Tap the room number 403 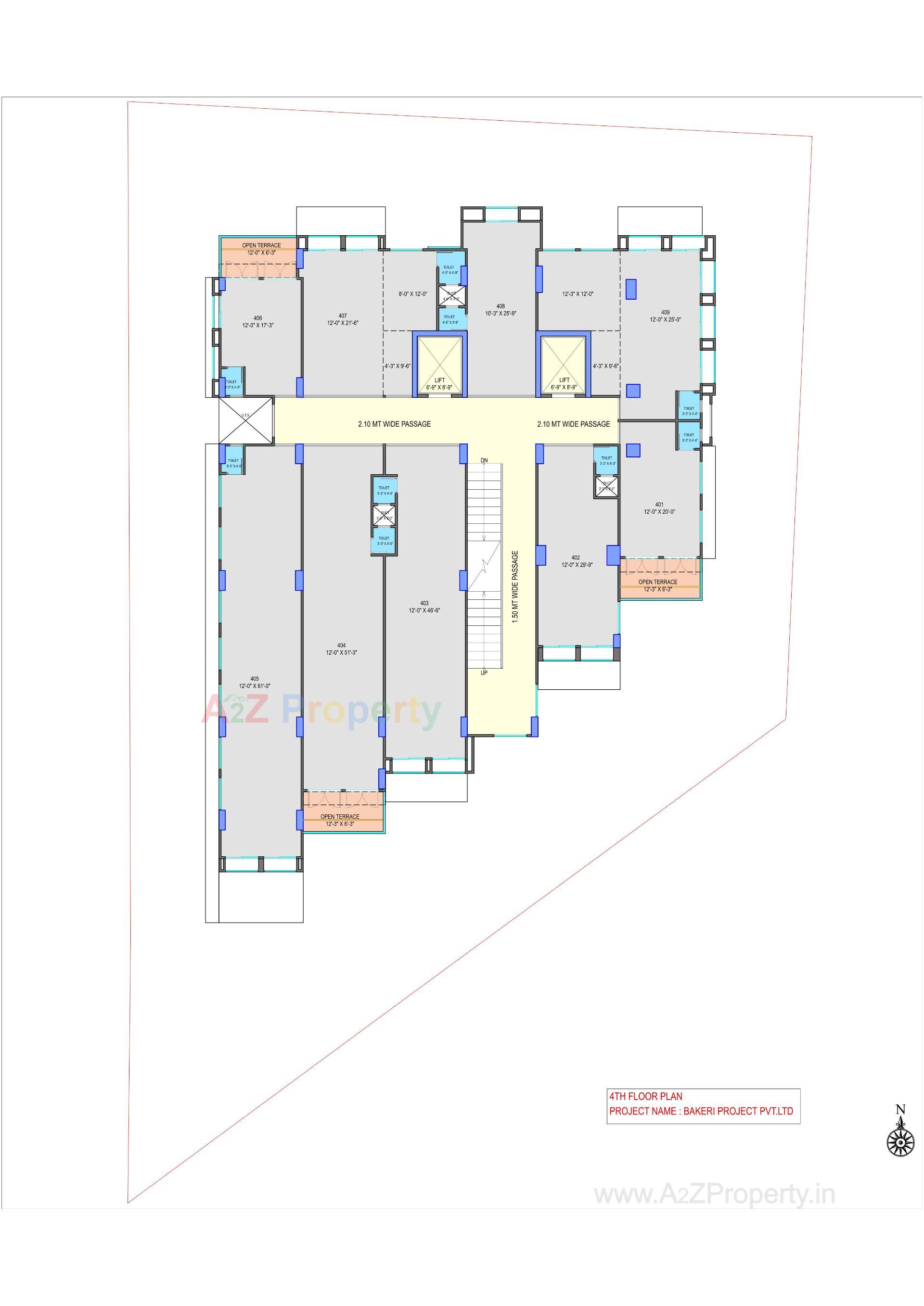(x=424, y=603)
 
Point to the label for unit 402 (x=576, y=558)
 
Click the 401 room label (x=659, y=505)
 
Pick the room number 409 (x=665, y=312)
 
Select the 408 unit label (x=500, y=306)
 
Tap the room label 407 (x=343, y=316)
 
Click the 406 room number (x=258, y=318)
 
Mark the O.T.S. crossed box (x=245, y=420)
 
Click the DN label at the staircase (x=484, y=460)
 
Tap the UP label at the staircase (x=484, y=673)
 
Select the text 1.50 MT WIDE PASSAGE (x=515, y=586)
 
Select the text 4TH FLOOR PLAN (x=646, y=1096)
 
